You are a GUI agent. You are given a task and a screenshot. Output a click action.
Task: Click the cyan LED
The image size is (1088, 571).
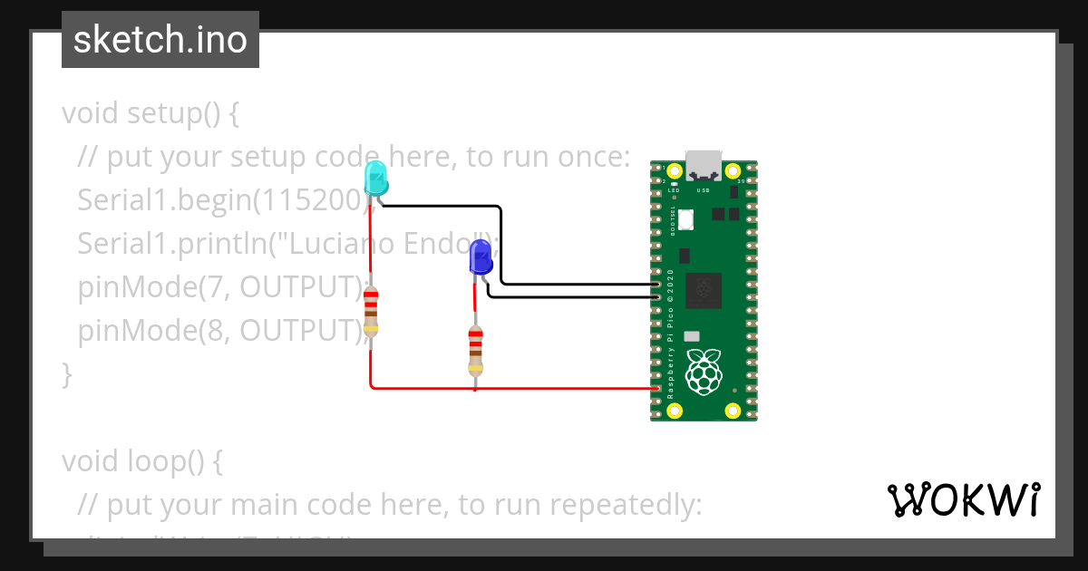pyautogui.click(x=375, y=178)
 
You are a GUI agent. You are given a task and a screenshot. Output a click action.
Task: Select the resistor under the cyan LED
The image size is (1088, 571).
pyautogui.click(x=370, y=312)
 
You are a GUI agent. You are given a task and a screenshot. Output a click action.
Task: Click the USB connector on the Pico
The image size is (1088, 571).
pyautogui.click(x=704, y=164)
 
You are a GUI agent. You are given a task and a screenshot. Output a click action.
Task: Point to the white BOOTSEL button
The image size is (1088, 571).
pyautogui.click(x=686, y=218)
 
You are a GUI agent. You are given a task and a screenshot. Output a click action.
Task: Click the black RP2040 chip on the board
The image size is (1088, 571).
pyautogui.click(x=704, y=290)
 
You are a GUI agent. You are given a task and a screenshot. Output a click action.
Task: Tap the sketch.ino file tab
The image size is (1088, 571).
pyautogui.click(x=160, y=40)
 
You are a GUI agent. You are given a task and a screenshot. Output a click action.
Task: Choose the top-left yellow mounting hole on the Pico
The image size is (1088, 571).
pyautogui.click(x=674, y=170)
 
